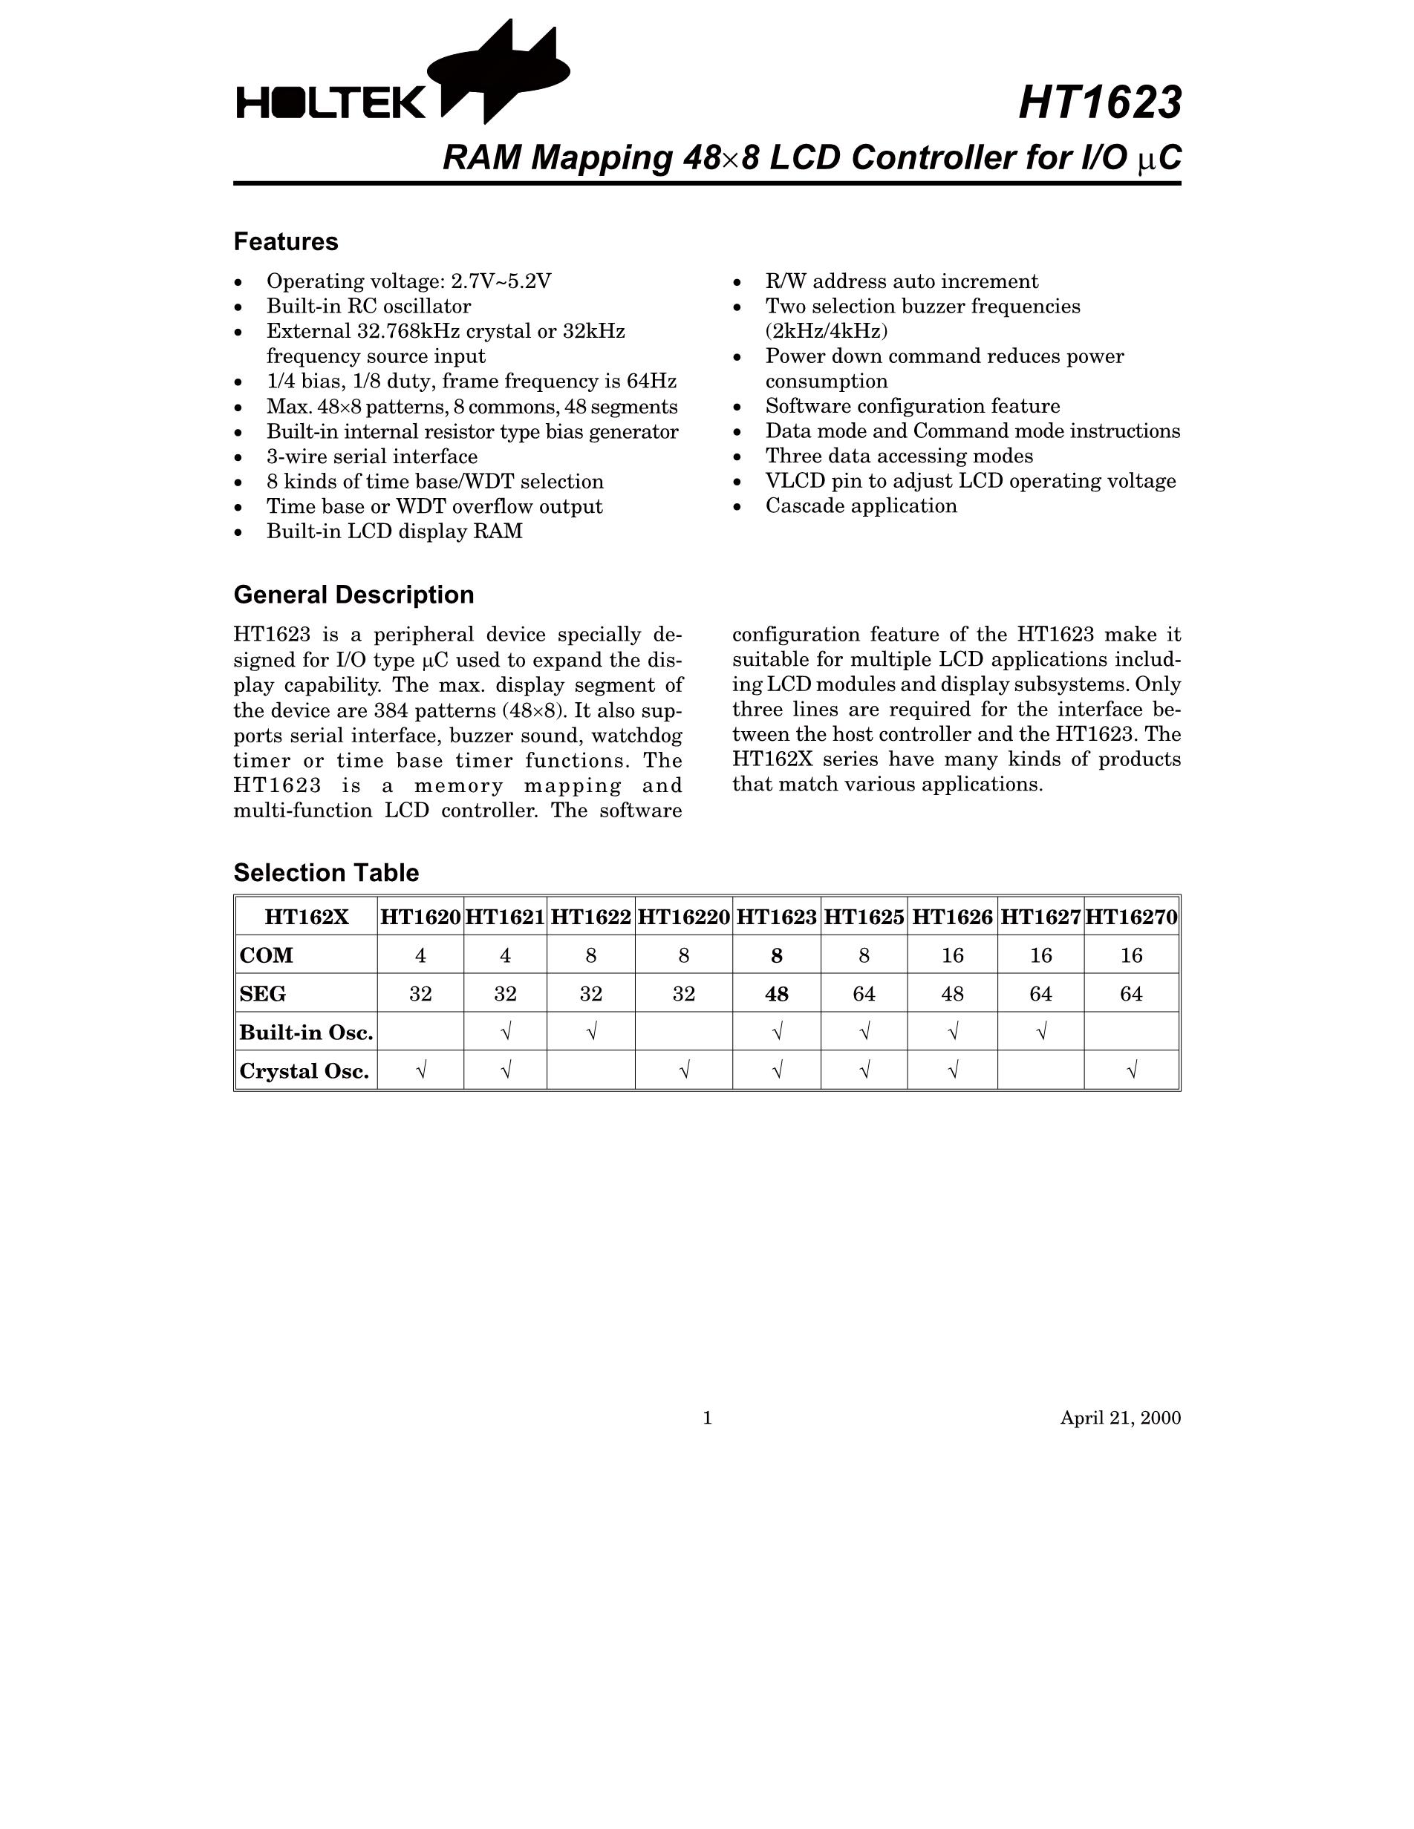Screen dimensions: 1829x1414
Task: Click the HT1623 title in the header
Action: coord(1099,103)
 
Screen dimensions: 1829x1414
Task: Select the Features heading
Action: coord(286,242)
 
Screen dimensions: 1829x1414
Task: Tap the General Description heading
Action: coord(353,595)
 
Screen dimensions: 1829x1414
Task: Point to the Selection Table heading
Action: coord(326,873)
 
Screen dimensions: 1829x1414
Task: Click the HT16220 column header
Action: coord(683,917)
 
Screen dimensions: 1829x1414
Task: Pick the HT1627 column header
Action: coord(1040,917)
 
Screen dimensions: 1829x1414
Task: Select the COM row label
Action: coord(267,955)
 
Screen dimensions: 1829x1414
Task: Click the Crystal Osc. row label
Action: coord(304,1071)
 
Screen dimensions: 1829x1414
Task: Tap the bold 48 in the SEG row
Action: coord(777,994)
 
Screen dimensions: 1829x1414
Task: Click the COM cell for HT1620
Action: coord(420,955)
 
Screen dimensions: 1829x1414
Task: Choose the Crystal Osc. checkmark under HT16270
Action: coord(1132,1071)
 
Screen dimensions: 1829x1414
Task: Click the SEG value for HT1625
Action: coord(864,994)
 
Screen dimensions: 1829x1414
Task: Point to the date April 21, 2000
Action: coord(1120,1418)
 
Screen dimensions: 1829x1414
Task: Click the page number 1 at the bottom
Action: coord(707,1418)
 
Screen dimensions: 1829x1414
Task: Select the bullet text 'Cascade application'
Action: coord(861,505)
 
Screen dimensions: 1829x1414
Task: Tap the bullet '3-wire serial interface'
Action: coord(372,457)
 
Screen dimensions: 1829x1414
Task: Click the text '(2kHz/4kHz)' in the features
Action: coord(826,331)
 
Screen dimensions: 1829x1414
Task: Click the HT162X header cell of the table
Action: coord(307,917)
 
